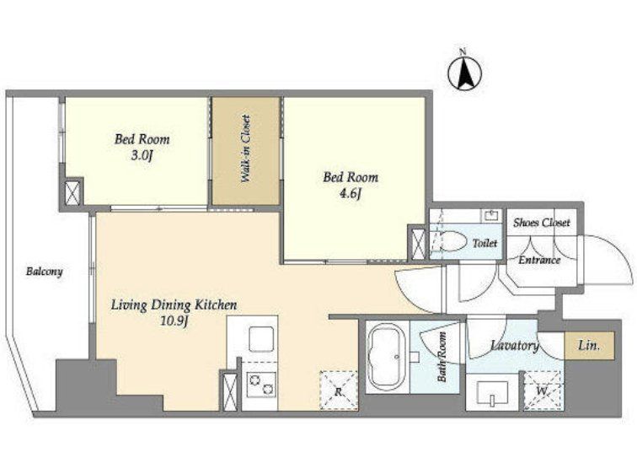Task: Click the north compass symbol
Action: coord(465,73)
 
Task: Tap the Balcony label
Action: coord(45,272)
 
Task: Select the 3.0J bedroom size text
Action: coord(142,156)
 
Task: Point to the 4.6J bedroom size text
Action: coord(351,194)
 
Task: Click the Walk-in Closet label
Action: coord(245,148)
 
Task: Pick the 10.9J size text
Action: coord(174,321)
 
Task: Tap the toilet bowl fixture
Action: coord(453,241)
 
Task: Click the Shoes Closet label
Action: coord(542,222)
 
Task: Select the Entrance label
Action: coord(539,260)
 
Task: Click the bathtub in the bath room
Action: coord(387,357)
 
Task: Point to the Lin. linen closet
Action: coord(589,346)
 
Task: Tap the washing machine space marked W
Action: coord(543,391)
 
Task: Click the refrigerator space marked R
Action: coord(339,391)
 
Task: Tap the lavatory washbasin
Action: coord(493,393)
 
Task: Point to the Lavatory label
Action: coord(515,345)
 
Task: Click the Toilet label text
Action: coord(484,243)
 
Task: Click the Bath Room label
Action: coord(442,357)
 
